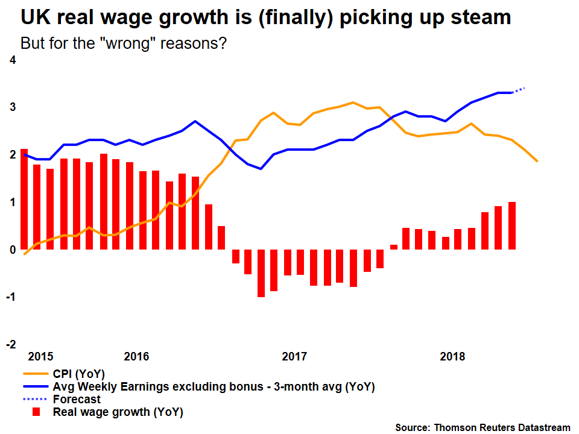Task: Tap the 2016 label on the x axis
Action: click(x=136, y=356)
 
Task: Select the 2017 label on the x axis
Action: click(x=294, y=356)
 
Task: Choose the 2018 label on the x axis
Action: click(x=452, y=356)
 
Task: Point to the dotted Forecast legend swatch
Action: click(x=35, y=399)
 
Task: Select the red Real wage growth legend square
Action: click(x=36, y=412)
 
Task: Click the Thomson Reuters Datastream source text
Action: click(x=482, y=427)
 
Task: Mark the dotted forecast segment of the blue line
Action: click(x=519, y=90)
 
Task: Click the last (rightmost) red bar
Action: click(x=512, y=225)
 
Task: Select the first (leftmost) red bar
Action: click(x=24, y=199)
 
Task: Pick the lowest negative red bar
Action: click(x=261, y=272)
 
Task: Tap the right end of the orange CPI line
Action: click(x=537, y=161)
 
